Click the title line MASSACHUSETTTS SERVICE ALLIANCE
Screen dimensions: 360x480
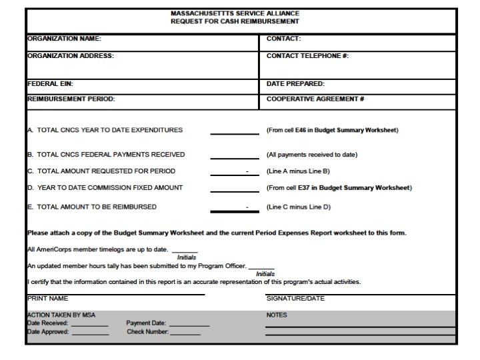pos(235,13)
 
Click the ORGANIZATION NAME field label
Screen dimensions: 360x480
pos(64,39)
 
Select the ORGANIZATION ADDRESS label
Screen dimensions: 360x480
pos(70,56)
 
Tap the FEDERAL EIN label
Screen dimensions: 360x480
pos(50,84)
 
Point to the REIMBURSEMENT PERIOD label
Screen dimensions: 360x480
pos(71,99)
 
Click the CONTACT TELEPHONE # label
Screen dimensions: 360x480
pos(307,56)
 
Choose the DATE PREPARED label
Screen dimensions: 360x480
pos(295,84)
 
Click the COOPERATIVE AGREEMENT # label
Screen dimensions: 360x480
pos(315,99)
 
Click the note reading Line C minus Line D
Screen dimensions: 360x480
pos(299,207)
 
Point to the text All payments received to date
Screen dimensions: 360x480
pos(312,155)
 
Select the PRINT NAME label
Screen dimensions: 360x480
pos(47,299)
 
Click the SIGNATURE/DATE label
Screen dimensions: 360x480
pos(295,299)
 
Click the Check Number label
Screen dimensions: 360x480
pos(147,331)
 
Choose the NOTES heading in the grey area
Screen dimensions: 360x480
pos(277,315)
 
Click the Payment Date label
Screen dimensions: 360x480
pos(146,323)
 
